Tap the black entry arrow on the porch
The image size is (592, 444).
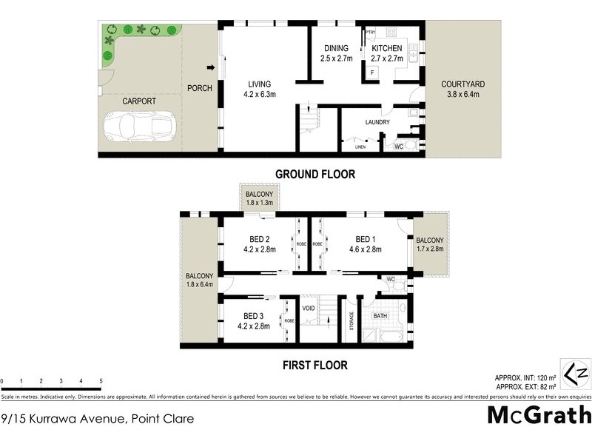click(211, 69)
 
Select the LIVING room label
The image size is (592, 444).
click(259, 84)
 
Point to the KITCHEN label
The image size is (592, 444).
click(386, 49)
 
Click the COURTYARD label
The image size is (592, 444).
click(460, 84)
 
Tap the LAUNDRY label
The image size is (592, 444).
click(377, 122)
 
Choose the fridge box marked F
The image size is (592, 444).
click(371, 73)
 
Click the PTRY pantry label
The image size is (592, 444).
click(371, 33)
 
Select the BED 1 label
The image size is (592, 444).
click(366, 239)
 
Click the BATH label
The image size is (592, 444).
click(380, 316)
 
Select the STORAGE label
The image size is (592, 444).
click(351, 321)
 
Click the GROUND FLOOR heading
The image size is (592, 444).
click(315, 175)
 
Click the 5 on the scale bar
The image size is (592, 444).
click(100, 381)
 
